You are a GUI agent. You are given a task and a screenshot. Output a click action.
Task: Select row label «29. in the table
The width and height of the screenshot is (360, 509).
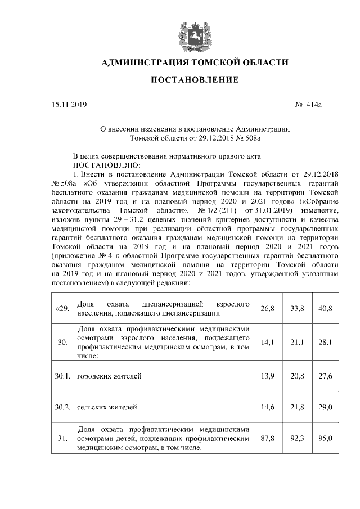point(62,308)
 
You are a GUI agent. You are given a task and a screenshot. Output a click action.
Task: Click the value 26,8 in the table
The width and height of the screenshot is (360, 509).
point(268,308)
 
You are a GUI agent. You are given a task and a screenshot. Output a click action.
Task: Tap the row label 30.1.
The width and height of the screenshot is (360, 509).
point(62,375)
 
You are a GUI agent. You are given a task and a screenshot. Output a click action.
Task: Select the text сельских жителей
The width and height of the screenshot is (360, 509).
point(106,407)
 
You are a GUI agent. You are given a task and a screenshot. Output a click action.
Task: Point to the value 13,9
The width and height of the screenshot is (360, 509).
point(268,375)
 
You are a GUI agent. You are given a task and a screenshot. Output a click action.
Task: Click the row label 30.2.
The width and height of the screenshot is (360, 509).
point(62,407)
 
